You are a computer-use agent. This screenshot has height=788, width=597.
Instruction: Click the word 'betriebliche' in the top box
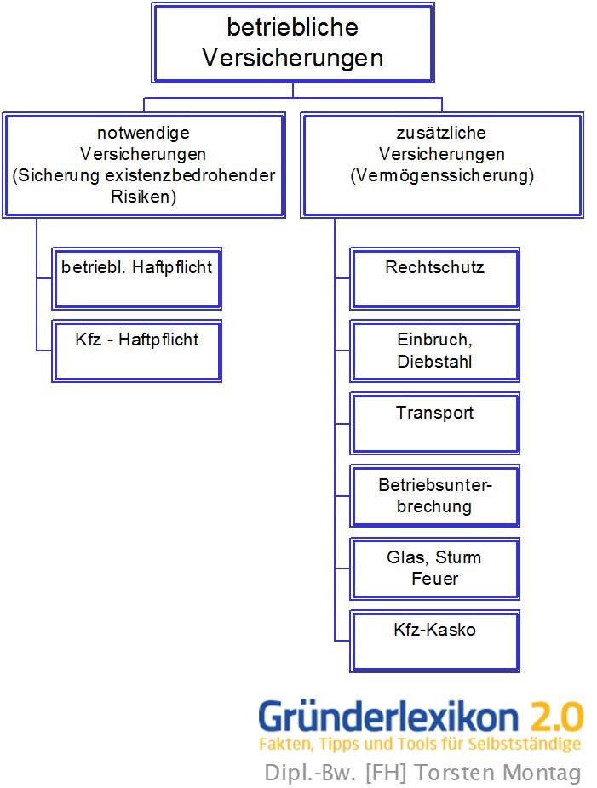292,27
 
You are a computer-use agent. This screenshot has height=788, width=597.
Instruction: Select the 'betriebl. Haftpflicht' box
137,278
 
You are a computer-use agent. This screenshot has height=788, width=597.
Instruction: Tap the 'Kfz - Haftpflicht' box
137,350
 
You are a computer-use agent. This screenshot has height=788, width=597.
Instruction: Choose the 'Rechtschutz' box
435,278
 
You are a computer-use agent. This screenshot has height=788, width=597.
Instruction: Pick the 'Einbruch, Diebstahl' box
435,351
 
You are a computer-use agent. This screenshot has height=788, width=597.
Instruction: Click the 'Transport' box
435,423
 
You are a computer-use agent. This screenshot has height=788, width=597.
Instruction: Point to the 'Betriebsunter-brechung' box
435,495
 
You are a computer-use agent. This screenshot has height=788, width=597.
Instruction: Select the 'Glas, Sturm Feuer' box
435,568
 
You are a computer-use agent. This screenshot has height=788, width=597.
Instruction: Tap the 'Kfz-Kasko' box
435,641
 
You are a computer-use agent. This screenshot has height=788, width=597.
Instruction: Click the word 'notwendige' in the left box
143,133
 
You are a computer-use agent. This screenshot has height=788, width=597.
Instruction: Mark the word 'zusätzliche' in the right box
442,133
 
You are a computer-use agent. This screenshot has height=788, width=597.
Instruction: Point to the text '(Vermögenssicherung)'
442,176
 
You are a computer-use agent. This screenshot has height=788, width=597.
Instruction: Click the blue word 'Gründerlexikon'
388,717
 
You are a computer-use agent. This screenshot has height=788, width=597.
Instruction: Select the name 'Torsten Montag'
520,773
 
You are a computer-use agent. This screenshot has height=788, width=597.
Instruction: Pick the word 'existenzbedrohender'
199,176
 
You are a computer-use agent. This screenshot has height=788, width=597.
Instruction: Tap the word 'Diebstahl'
434,362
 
